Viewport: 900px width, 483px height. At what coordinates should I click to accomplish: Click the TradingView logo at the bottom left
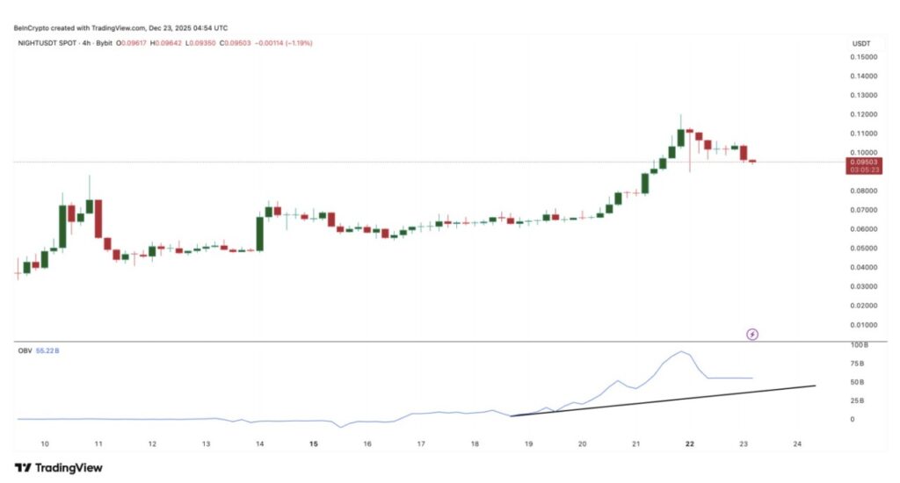tap(58, 467)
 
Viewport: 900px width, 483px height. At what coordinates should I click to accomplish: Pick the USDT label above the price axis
tap(860, 42)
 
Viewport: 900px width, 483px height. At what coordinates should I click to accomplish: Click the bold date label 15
tap(313, 444)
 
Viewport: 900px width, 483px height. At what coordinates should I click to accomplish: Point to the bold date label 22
tap(690, 444)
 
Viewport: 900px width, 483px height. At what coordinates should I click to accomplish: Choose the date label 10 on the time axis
tap(44, 444)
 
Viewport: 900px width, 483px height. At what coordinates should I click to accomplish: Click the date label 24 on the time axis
tap(797, 444)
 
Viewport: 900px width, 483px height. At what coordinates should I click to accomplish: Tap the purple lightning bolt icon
tap(752, 334)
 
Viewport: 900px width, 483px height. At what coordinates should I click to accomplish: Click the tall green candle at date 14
tap(260, 233)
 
